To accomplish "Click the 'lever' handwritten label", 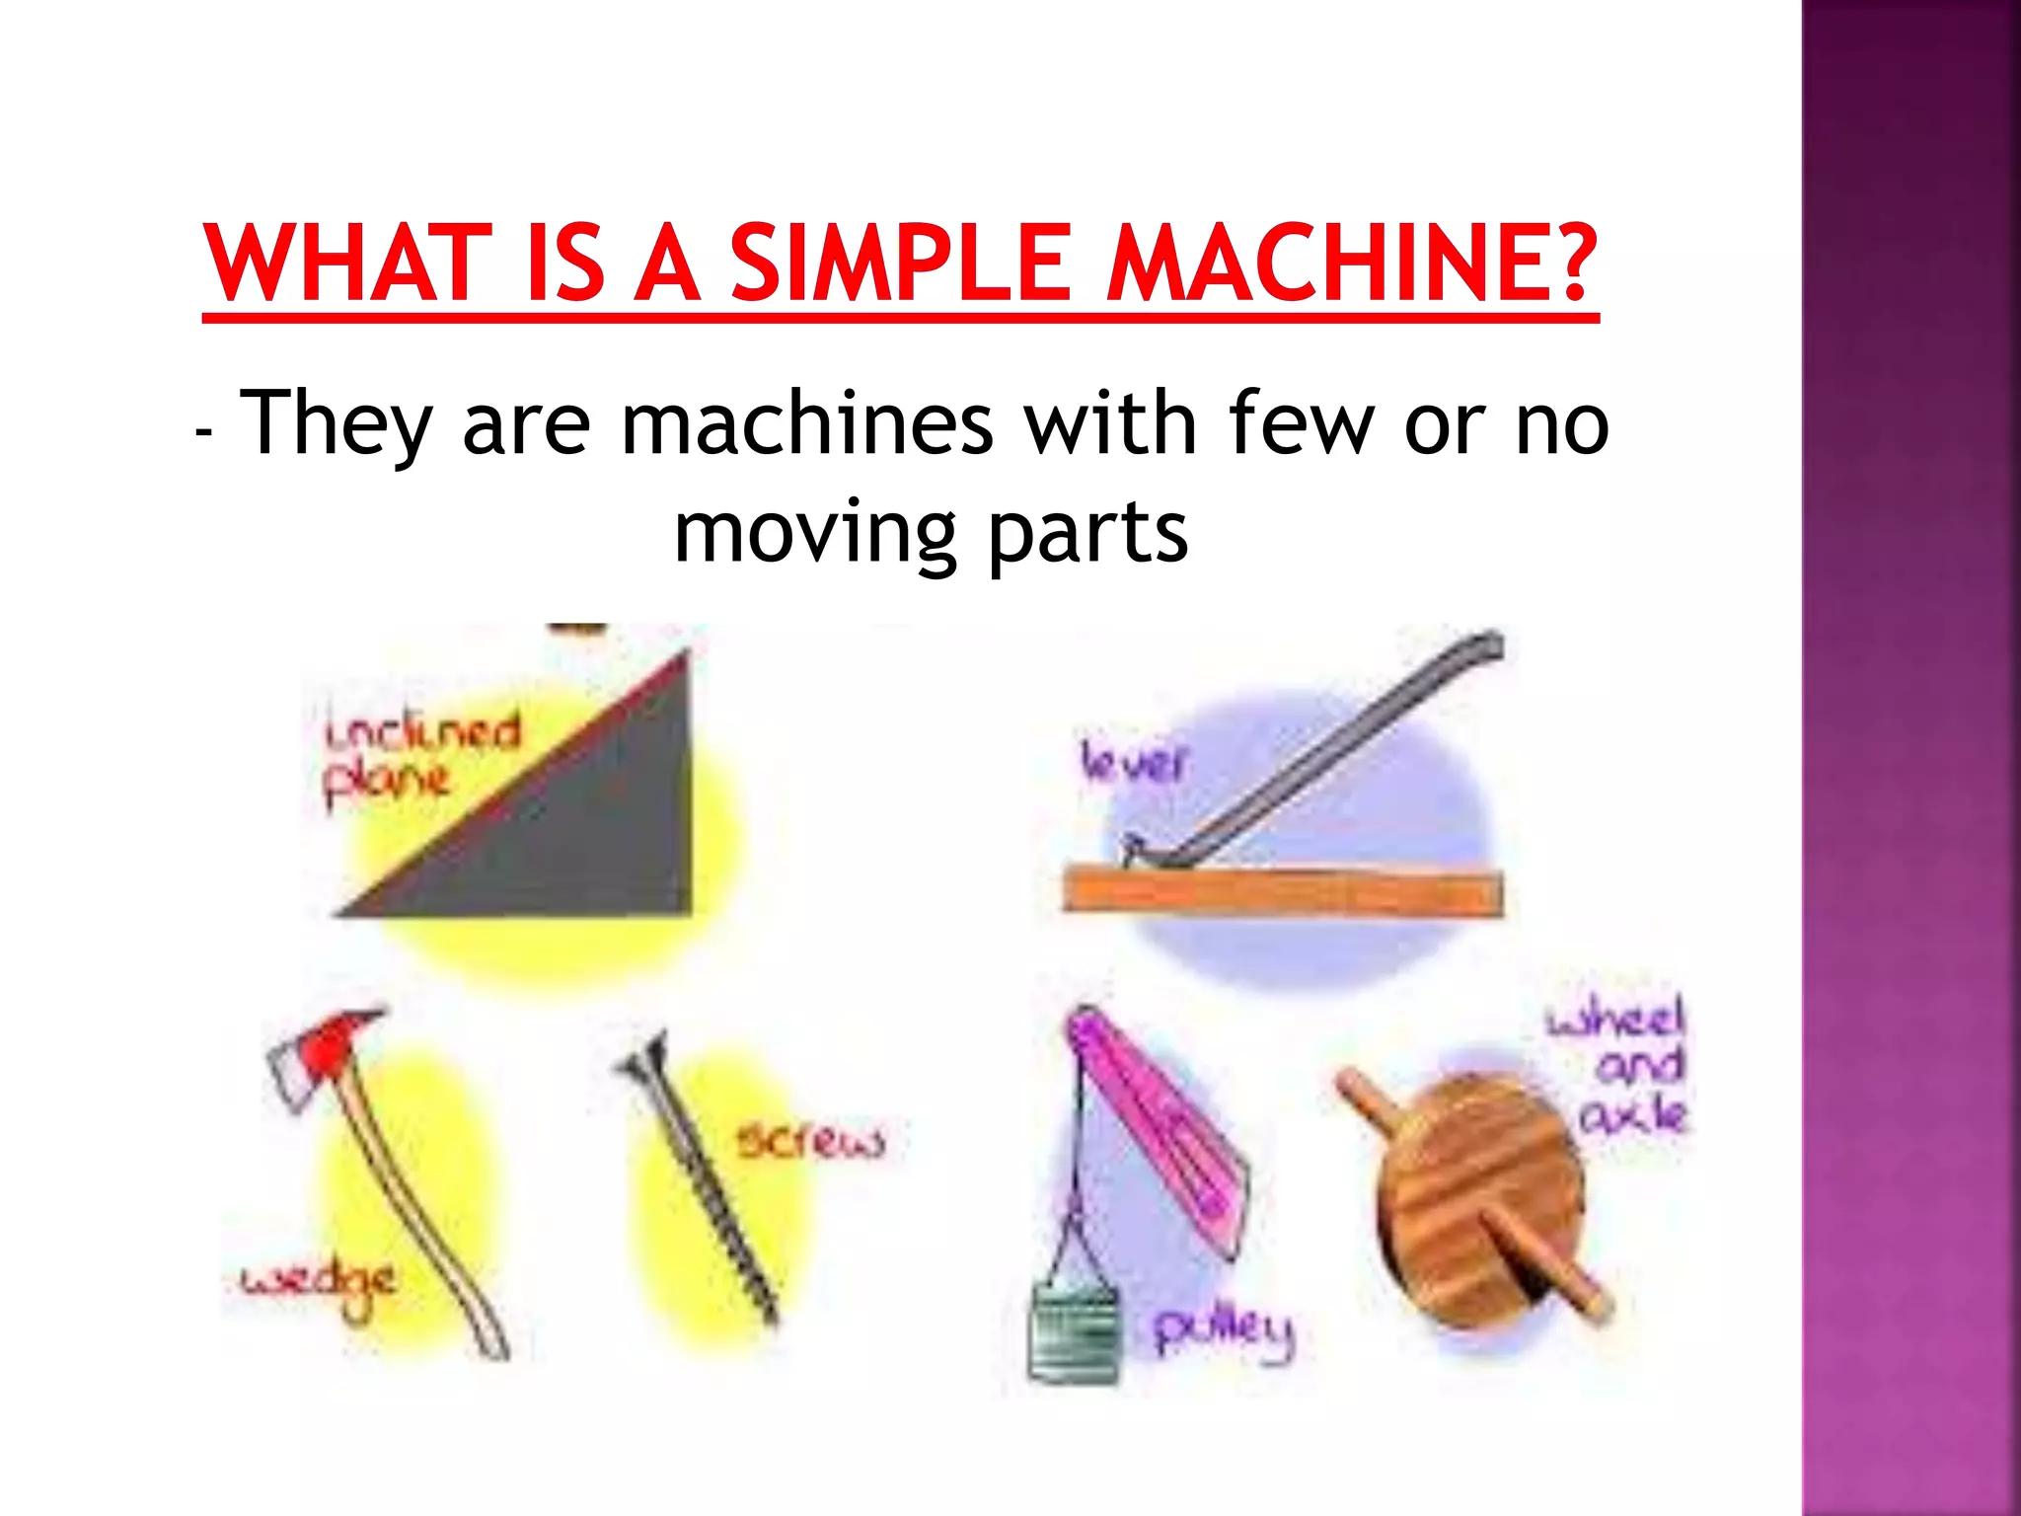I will click(1133, 762).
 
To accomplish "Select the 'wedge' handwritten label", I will click(319, 1284).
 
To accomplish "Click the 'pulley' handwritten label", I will click(1223, 1331).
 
